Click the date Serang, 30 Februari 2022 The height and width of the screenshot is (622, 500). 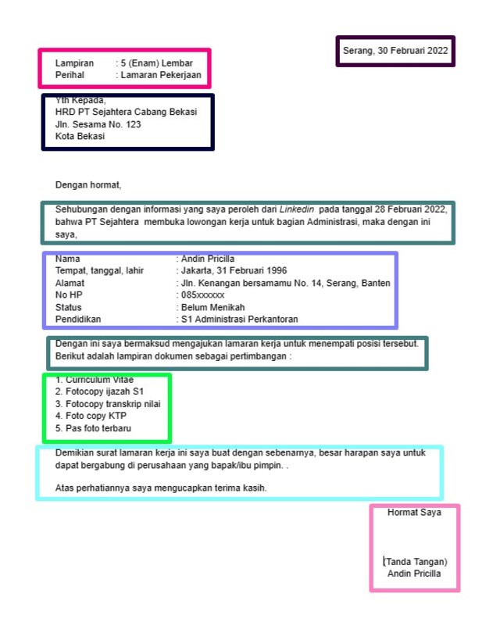pyautogui.click(x=395, y=51)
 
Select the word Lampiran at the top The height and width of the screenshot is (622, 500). pyautogui.click(x=74, y=63)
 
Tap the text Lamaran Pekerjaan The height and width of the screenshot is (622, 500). pyautogui.click(x=161, y=76)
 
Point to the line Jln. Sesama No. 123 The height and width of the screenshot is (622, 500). pyautogui.click(x=98, y=124)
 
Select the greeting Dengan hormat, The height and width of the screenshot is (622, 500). pyautogui.click(x=88, y=185)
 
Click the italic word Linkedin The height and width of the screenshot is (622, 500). pyautogui.click(x=297, y=209)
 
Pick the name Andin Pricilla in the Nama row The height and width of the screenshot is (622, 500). pyautogui.click(x=208, y=259)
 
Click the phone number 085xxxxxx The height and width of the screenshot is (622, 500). pyautogui.click(x=202, y=295)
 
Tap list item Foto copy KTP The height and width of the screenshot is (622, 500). pyautogui.click(x=96, y=416)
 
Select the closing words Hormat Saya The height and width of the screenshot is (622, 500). pyautogui.click(x=414, y=513)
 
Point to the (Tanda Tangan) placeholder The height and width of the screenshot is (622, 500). pyautogui.click(x=415, y=561)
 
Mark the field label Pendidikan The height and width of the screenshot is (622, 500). pyautogui.click(x=78, y=319)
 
